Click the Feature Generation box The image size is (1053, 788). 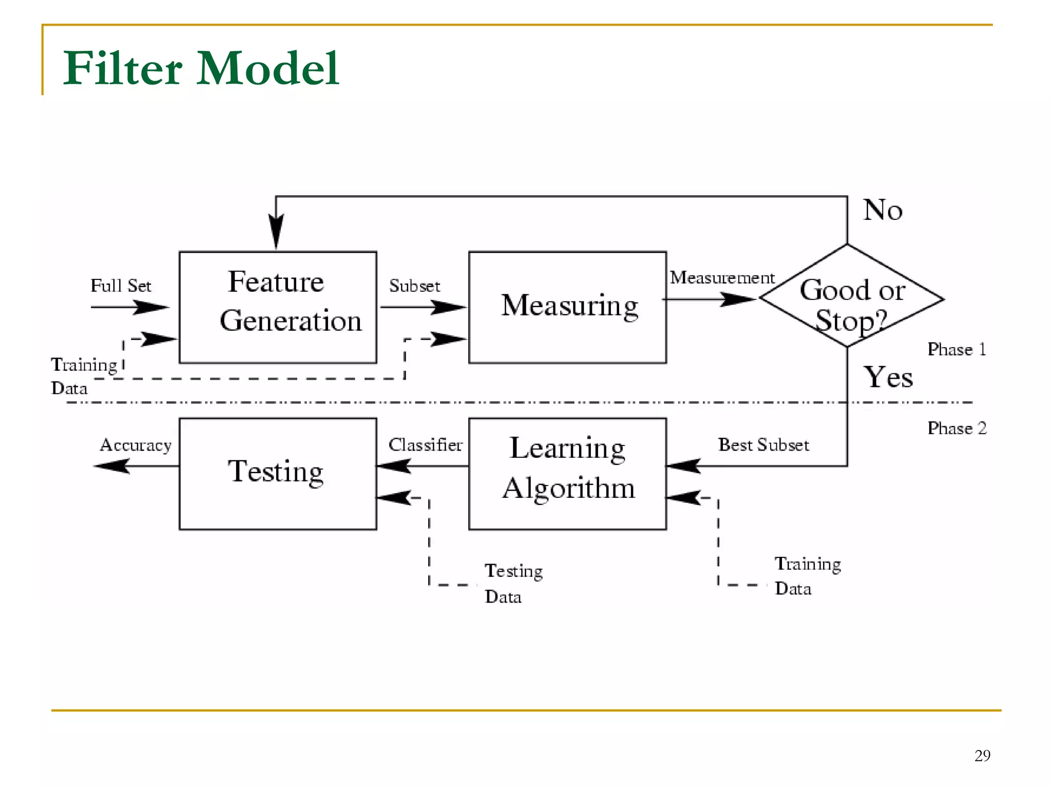click(x=278, y=307)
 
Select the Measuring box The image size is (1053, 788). click(x=567, y=307)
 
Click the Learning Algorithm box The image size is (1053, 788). click(x=567, y=473)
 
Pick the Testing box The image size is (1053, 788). click(x=278, y=473)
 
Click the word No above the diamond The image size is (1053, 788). click(x=882, y=210)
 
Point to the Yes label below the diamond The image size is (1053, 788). click(x=888, y=377)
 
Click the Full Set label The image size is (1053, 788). click(x=121, y=286)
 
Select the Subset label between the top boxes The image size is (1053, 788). click(x=414, y=286)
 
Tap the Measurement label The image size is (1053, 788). click(x=721, y=278)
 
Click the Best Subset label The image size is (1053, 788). click(x=763, y=445)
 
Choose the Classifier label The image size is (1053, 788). click(x=425, y=445)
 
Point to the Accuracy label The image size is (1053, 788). click(x=136, y=445)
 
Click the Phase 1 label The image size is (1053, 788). click(x=956, y=349)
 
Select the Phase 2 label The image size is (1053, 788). click(x=956, y=428)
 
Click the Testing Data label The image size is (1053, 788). click(x=513, y=584)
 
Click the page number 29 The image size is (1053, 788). click(x=982, y=755)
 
